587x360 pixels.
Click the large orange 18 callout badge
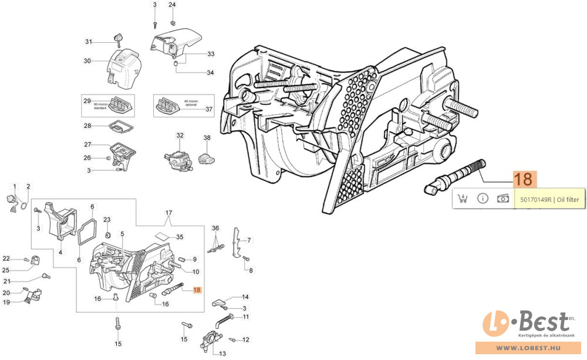[x=524, y=179]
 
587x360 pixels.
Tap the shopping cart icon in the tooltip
[x=463, y=198]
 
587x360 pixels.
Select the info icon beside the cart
[x=483, y=198]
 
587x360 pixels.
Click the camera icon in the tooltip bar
[x=503, y=198]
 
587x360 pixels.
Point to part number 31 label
[x=89, y=41]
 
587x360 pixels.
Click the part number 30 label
[x=87, y=60]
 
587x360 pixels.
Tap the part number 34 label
[x=210, y=73]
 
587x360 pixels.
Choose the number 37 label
[x=210, y=109]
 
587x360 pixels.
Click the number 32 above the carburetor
[x=180, y=135]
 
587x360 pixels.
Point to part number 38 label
[x=207, y=137]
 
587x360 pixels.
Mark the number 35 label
[x=180, y=237]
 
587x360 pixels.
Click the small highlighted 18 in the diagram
[x=197, y=290]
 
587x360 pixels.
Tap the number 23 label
[x=107, y=220]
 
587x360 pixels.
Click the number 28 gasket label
[x=87, y=126]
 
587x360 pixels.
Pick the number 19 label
[x=6, y=302]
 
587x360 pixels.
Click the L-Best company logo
[x=526, y=324]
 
